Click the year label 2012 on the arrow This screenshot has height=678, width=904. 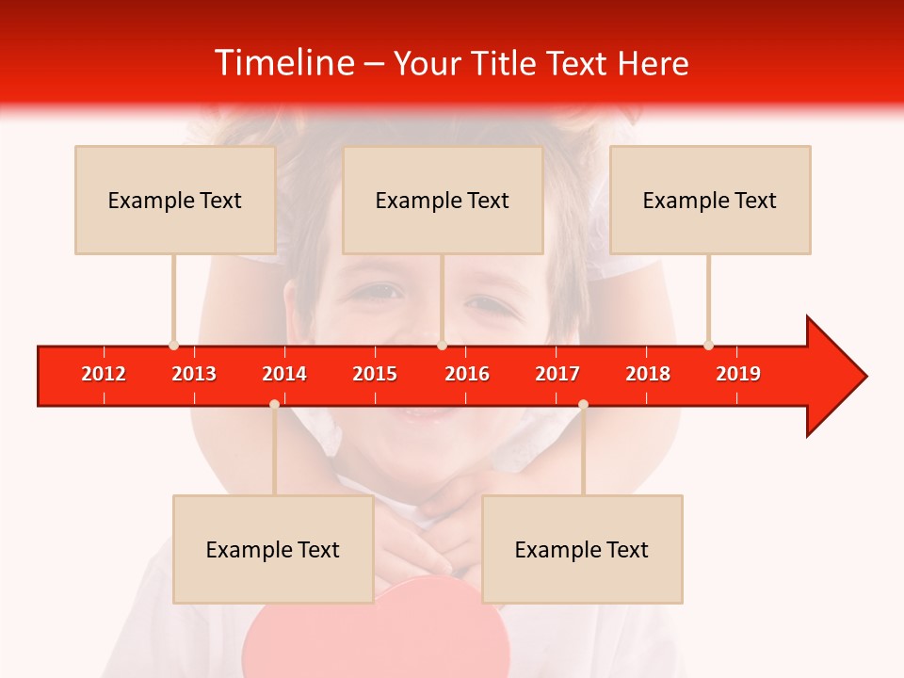pyautogui.click(x=104, y=374)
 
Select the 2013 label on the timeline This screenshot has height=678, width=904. pyautogui.click(x=194, y=374)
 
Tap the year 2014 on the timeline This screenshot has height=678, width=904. pyautogui.click(x=284, y=374)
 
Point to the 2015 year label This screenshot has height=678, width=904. pyautogui.click(x=375, y=374)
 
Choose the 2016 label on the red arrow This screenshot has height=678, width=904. pyautogui.click(x=467, y=374)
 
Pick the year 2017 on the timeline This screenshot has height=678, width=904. pyautogui.click(x=557, y=374)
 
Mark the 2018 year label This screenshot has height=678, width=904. pyautogui.click(x=648, y=374)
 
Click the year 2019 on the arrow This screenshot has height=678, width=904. pyautogui.click(x=738, y=374)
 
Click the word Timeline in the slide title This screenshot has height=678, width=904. pyautogui.click(x=283, y=63)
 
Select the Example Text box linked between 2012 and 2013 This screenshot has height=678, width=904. pyautogui.click(x=175, y=200)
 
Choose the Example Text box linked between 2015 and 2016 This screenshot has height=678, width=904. pyautogui.click(x=443, y=200)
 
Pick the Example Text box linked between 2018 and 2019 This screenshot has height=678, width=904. pyautogui.click(x=710, y=200)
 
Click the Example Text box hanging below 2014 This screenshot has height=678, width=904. pyautogui.click(x=273, y=549)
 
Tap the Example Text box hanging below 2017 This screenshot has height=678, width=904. pyautogui.click(x=582, y=549)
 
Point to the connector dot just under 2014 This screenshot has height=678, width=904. pyautogui.click(x=274, y=404)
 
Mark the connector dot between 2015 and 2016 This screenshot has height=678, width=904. pyautogui.click(x=442, y=346)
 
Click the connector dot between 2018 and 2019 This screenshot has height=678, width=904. pyautogui.click(x=708, y=346)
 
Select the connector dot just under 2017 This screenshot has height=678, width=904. pyautogui.click(x=583, y=404)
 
